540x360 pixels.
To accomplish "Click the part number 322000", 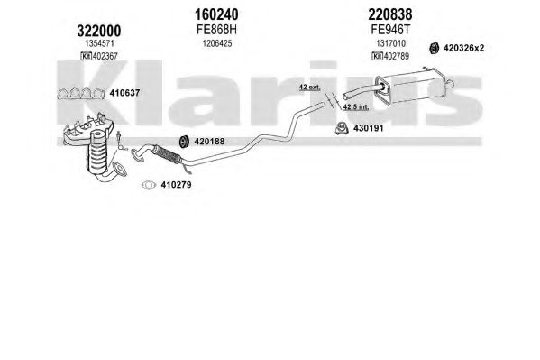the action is click(x=99, y=31).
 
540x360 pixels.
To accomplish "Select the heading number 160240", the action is click(x=216, y=14).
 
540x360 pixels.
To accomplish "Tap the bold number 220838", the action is click(x=390, y=14).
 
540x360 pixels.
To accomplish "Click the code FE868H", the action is click(x=217, y=30).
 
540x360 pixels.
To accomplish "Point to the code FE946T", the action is click(x=391, y=30).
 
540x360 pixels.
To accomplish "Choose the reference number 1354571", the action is click(x=99, y=43).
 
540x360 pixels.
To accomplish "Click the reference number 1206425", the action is click(x=217, y=43).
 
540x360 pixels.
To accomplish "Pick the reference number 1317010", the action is click(x=390, y=43).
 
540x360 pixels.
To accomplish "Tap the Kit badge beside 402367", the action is click(x=86, y=56).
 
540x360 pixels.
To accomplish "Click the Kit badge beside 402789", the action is click(x=377, y=56).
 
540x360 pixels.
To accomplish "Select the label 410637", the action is click(x=124, y=93).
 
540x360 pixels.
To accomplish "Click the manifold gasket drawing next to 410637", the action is click(x=81, y=94).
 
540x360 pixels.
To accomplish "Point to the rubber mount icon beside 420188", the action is click(x=184, y=142).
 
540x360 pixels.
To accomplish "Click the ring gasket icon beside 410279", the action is click(x=149, y=185).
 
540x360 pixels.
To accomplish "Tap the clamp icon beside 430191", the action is click(x=342, y=128).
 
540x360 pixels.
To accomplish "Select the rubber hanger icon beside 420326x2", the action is click(x=434, y=48).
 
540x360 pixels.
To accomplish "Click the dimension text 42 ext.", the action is click(x=309, y=88).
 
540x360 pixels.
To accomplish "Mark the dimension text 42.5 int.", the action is click(x=356, y=106).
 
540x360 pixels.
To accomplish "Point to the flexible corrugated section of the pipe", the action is click(x=167, y=154).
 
